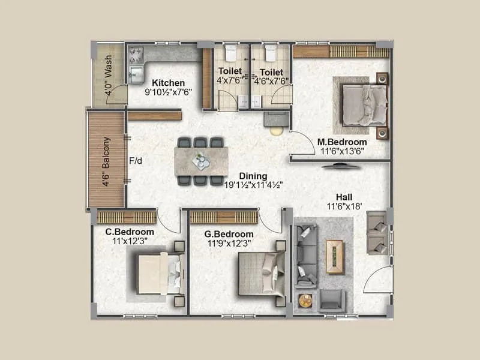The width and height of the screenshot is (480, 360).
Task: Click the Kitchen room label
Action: point(168,83)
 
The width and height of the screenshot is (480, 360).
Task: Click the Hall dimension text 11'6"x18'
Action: point(344,206)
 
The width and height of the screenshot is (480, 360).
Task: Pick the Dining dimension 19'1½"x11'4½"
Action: point(253,185)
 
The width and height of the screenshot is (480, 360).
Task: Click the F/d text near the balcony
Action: point(136,161)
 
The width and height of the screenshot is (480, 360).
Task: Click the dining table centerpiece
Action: point(201,161)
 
